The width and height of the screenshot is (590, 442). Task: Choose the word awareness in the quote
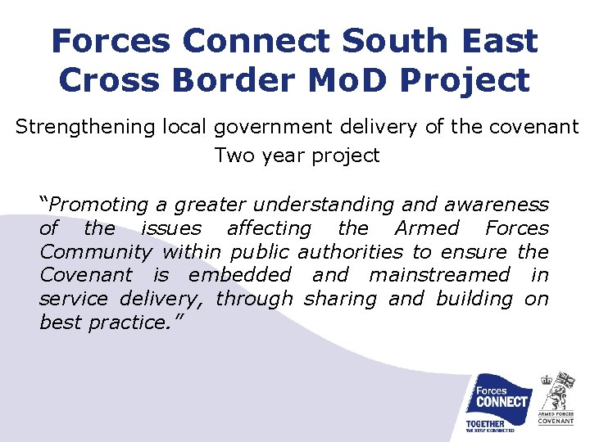pyautogui.click(x=494, y=205)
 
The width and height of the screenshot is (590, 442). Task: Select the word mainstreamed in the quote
pyautogui.click(x=439, y=276)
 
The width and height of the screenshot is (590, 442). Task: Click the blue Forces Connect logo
pyautogui.click(x=497, y=402)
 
